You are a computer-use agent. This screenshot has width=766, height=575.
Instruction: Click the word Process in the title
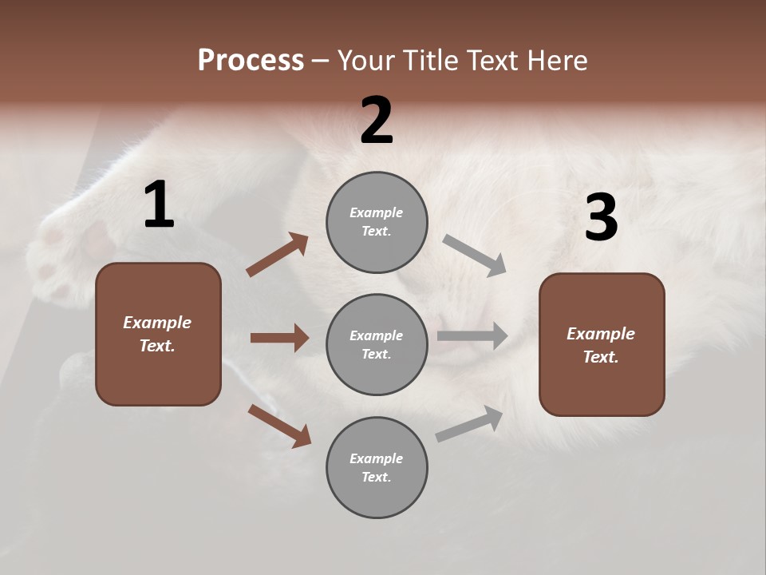click(x=251, y=61)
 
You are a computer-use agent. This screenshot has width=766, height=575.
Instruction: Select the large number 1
click(x=159, y=205)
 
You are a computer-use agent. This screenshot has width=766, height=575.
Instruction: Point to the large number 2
click(x=377, y=121)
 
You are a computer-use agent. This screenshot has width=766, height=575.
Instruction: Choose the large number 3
click(x=601, y=217)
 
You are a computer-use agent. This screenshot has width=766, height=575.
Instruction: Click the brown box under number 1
click(x=158, y=334)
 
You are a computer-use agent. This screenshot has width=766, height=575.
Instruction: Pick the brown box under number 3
click(x=602, y=345)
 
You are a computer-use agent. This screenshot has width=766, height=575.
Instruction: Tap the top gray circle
click(x=377, y=222)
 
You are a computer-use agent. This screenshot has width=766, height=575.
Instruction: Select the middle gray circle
click(x=377, y=345)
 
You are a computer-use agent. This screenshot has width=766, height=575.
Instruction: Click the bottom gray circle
click(x=377, y=468)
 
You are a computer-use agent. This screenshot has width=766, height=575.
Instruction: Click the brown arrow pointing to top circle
click(x=278, y=255)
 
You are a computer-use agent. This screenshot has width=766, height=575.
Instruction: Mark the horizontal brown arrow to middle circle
click(x=279, y=338)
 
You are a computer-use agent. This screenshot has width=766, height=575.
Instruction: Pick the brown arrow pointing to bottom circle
click(x=279, y=425)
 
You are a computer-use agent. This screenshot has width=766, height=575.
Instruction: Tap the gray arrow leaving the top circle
click(x=475, y=256)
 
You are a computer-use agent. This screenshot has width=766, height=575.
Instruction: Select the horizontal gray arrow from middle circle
click(x=472, y=336)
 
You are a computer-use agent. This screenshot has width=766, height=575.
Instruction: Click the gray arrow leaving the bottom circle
click(x=469, y=424)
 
